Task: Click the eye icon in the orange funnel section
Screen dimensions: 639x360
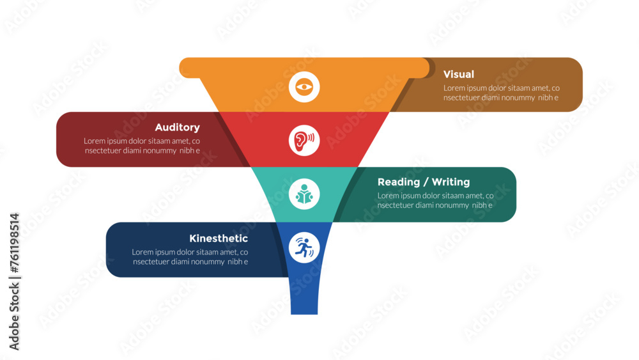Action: (304, 87)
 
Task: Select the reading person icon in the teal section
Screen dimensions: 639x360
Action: (304, 194)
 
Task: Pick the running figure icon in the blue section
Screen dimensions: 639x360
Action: (304, 247)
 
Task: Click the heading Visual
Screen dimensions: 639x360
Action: (458, 74)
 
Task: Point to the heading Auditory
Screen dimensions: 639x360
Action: (177, 128)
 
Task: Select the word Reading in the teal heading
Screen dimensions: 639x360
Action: (399, 182)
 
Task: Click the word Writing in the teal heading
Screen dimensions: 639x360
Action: (450, 182)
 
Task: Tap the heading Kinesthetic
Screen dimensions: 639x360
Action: (219, 238)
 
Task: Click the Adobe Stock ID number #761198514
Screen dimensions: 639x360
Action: (15, 243)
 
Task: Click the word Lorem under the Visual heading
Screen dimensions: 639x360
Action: (454, 88)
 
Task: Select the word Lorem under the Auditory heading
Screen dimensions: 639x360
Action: (95, 141)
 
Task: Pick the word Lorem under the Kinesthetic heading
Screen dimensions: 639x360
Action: (142, 252)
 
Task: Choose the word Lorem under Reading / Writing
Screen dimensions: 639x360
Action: (388, 196)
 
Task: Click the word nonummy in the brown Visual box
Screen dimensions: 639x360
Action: (517, 98)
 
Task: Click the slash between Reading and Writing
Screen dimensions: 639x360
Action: (426, 182)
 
